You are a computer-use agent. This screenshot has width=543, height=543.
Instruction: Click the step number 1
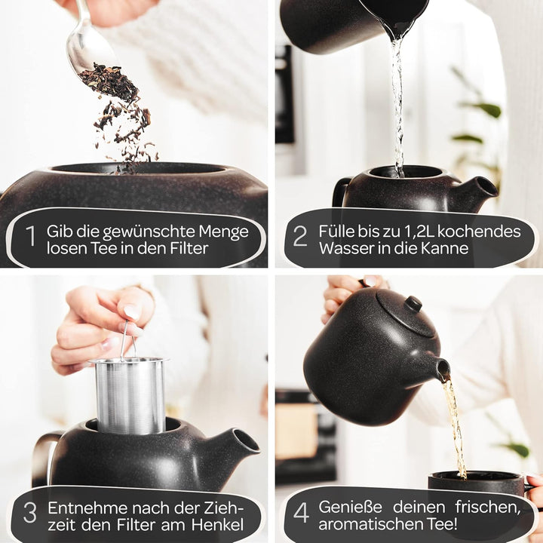point(31,237)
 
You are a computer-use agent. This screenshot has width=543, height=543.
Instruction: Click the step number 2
point(300,237)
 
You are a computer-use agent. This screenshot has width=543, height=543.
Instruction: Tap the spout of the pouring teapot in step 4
point(441,369)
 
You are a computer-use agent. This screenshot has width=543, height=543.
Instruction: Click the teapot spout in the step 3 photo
point(241,442)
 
